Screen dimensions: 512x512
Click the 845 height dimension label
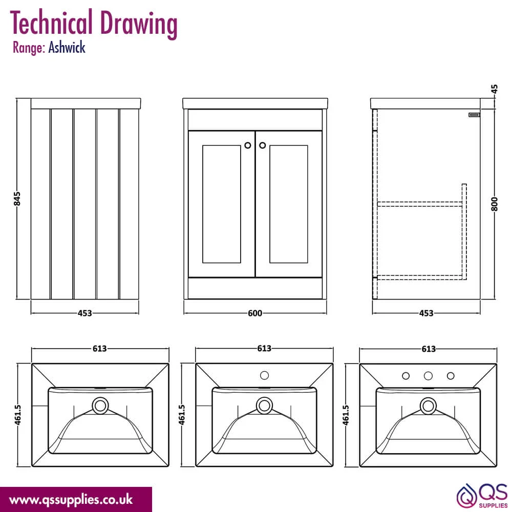(17, 199)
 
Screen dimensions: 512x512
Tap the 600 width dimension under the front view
(255, 313)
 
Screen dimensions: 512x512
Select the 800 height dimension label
(495, 204)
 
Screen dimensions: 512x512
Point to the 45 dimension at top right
(495, 89)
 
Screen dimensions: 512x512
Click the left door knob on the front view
(248, 145)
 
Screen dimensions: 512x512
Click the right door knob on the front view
(263, 145)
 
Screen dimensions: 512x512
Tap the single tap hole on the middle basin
(265, 375)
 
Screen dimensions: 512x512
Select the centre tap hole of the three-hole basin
(429, 376)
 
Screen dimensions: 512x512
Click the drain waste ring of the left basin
(100, 406)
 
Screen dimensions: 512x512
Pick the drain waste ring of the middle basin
(265, 406)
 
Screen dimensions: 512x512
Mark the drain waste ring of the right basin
(428, 406)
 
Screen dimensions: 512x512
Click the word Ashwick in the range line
(67, 48)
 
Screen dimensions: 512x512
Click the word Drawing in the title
(138, 24)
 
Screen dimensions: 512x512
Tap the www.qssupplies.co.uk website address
(71, 500)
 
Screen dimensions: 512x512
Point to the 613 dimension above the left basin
(100, 349)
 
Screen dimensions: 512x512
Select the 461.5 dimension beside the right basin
(346, 415)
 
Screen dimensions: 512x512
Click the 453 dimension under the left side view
(85, 313)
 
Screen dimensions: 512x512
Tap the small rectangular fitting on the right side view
(475, 115)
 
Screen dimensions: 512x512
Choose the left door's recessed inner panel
(221, 204)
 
